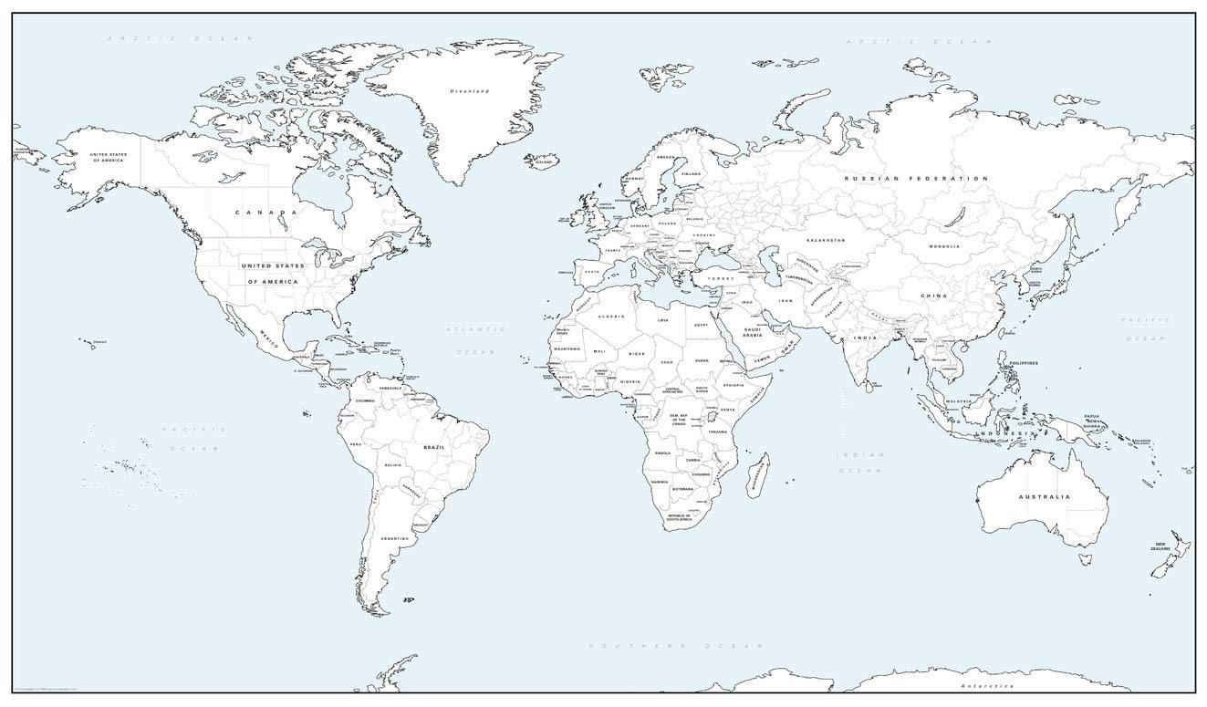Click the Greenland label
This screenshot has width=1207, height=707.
(x=470, y=91)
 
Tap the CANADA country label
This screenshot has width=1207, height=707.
(x=266, y=213)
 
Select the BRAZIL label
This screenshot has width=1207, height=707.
(x=433, y=447)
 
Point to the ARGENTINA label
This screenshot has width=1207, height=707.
(x=395, y=539)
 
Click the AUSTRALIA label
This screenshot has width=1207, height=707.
(x=1045, y=497)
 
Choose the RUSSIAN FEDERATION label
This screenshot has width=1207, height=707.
(x=915, y=179)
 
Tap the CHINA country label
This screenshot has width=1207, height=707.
(x=933, y=296)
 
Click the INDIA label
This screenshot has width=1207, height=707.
(x=865, y=338)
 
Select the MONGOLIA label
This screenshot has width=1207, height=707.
(x=944, y=246)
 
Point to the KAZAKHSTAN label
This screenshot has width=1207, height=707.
(x=825, y=240)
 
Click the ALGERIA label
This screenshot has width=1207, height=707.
(x=610, y=317)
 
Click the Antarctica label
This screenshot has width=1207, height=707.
(x=987, y=685)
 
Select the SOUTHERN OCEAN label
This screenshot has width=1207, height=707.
(x=675, y=646)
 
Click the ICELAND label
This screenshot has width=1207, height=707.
(x=544, y=161)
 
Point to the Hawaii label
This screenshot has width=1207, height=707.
(x=100, y=342)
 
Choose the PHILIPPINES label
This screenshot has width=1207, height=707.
(x=1024, y=363)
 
